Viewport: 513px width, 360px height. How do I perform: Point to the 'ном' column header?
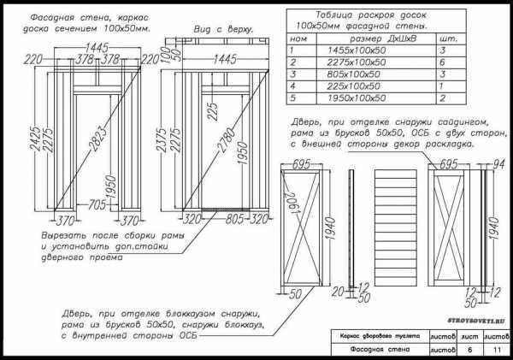(x=299, y=38)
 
